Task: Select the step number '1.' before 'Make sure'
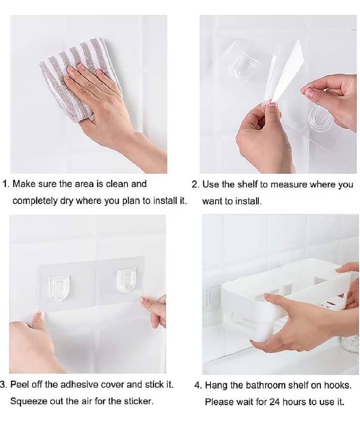[x=6, y=184]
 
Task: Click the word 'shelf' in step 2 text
[x=245, y=185]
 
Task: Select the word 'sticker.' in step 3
[x=138, y=401]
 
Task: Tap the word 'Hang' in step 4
[x=215, y=385]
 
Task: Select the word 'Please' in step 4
[x=218, y=401]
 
